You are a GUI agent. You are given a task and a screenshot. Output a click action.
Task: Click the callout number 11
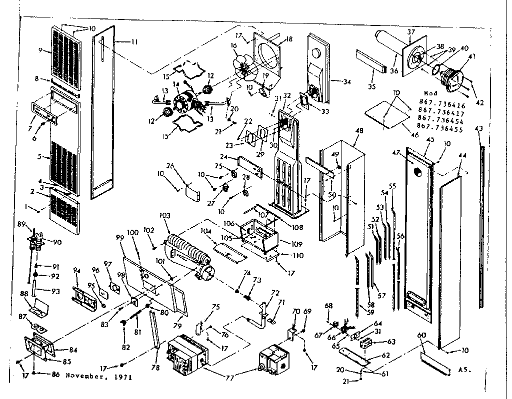134,42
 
